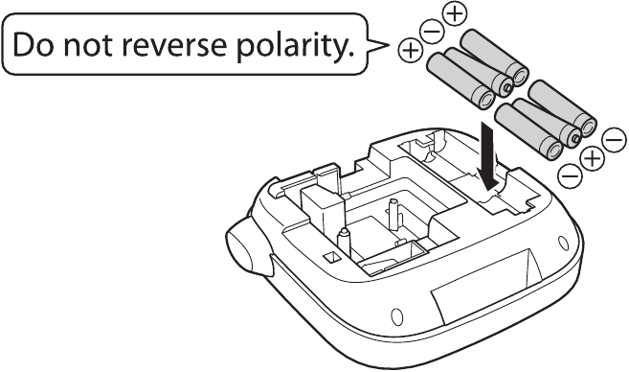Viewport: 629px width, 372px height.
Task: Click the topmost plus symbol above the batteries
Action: pos(456,12)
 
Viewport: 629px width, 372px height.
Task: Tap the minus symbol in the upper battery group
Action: pos(432,32)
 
